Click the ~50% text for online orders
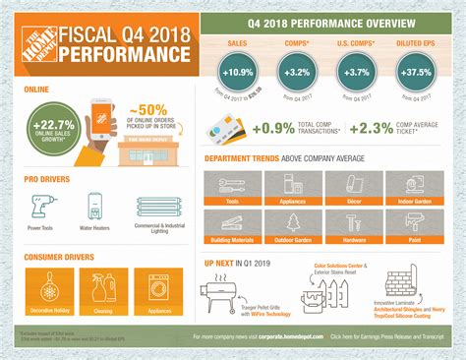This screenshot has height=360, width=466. click(x=152, y=105)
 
